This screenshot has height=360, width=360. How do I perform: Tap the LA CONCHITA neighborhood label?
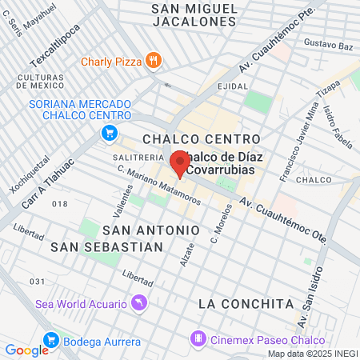click(x=245, y=304)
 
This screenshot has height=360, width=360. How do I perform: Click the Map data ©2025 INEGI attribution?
click(x=312, y=354)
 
